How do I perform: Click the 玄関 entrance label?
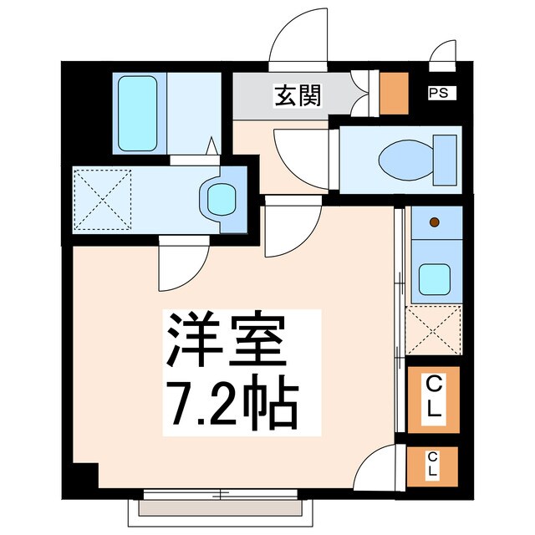point(297,96)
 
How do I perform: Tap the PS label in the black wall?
point(438,94)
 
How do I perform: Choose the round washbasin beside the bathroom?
point(218,200)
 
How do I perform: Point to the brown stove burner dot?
point(434,222)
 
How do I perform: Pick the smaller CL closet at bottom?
point(433,466)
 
